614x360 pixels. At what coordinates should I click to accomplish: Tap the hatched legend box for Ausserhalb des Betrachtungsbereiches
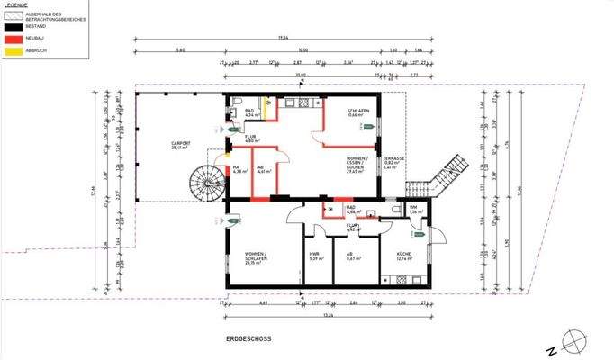pyautogui.click(x=12, y=17)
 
